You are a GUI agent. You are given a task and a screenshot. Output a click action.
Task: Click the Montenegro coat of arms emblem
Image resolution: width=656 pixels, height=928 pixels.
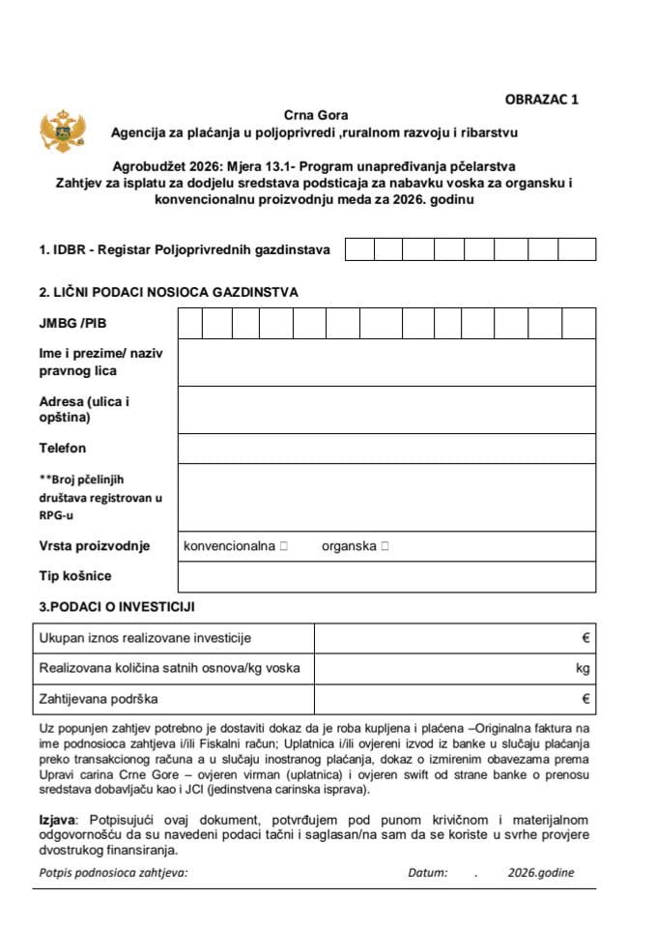tap(57, 130)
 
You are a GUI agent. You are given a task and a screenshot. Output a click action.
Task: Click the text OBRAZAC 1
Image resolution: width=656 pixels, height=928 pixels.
tap(543, 99)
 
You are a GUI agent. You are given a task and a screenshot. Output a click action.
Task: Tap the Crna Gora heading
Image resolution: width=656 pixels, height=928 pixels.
tap(316, 115)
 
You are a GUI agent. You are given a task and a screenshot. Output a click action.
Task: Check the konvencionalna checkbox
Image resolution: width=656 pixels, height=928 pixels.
tap(284, 546)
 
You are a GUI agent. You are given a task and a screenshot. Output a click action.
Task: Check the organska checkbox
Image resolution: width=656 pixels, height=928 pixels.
tap(385, 546)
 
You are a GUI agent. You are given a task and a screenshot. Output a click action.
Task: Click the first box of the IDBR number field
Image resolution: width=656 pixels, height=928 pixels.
tap(359, 249)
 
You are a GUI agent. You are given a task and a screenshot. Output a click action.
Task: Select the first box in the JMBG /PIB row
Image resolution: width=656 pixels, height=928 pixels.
tap(190, 323)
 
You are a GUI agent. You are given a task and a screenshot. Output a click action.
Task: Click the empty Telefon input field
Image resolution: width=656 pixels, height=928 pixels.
tap(386, 449)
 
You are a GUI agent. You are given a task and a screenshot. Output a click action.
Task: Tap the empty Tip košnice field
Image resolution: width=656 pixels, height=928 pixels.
tap(386, 576)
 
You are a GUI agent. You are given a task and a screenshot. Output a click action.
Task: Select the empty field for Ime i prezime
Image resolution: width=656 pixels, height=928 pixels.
tap(386, 362)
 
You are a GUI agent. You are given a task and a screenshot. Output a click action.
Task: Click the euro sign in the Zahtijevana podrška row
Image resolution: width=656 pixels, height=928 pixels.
tap(585, 698)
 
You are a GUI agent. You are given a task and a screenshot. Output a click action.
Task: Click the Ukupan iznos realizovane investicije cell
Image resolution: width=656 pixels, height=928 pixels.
tap(145, 638)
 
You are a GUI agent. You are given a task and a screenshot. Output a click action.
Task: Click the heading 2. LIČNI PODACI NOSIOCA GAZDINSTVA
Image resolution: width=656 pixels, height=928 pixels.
tap(168, 291)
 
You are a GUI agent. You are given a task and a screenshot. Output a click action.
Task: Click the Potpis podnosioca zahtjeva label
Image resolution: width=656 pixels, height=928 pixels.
tap(113, 872)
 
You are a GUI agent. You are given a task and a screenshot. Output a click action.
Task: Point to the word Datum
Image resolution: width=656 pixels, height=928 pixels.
tap(427, 872)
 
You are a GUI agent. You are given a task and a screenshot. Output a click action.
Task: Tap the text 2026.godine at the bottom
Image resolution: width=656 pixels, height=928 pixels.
tap(540, 872)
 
